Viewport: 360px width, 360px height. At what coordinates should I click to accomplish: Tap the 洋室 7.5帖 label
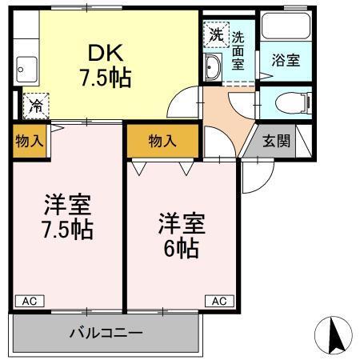click(66, 217)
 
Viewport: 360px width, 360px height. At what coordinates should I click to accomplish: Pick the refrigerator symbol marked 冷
click(36, 104)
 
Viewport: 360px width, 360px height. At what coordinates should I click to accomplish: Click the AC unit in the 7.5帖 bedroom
click(30, 301)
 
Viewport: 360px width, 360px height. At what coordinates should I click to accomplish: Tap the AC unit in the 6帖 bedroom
click(219, 301)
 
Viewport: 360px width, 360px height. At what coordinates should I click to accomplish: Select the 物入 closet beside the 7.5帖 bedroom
click(29, 140)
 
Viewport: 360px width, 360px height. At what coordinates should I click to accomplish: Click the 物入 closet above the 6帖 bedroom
click(162, 141)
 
